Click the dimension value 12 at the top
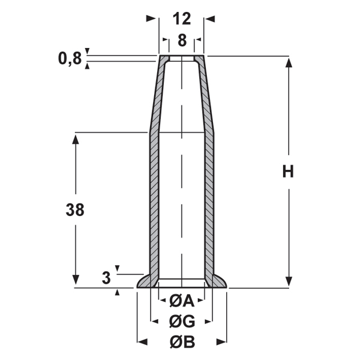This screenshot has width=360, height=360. tap(182, 19)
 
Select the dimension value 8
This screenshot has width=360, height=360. tap(182, 40)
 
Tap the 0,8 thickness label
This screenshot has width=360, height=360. tap(70, 58)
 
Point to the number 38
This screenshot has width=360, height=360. tap(75, 209)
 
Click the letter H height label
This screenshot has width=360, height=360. tap(288, 171)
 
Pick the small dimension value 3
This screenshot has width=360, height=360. tap(106, 278)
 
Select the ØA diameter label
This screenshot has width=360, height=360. tap(182, 301)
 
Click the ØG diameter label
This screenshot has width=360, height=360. tap(182, 321)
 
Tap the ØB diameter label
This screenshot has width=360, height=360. tap(182, 342)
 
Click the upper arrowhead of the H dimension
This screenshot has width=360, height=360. tap(289, 62)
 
